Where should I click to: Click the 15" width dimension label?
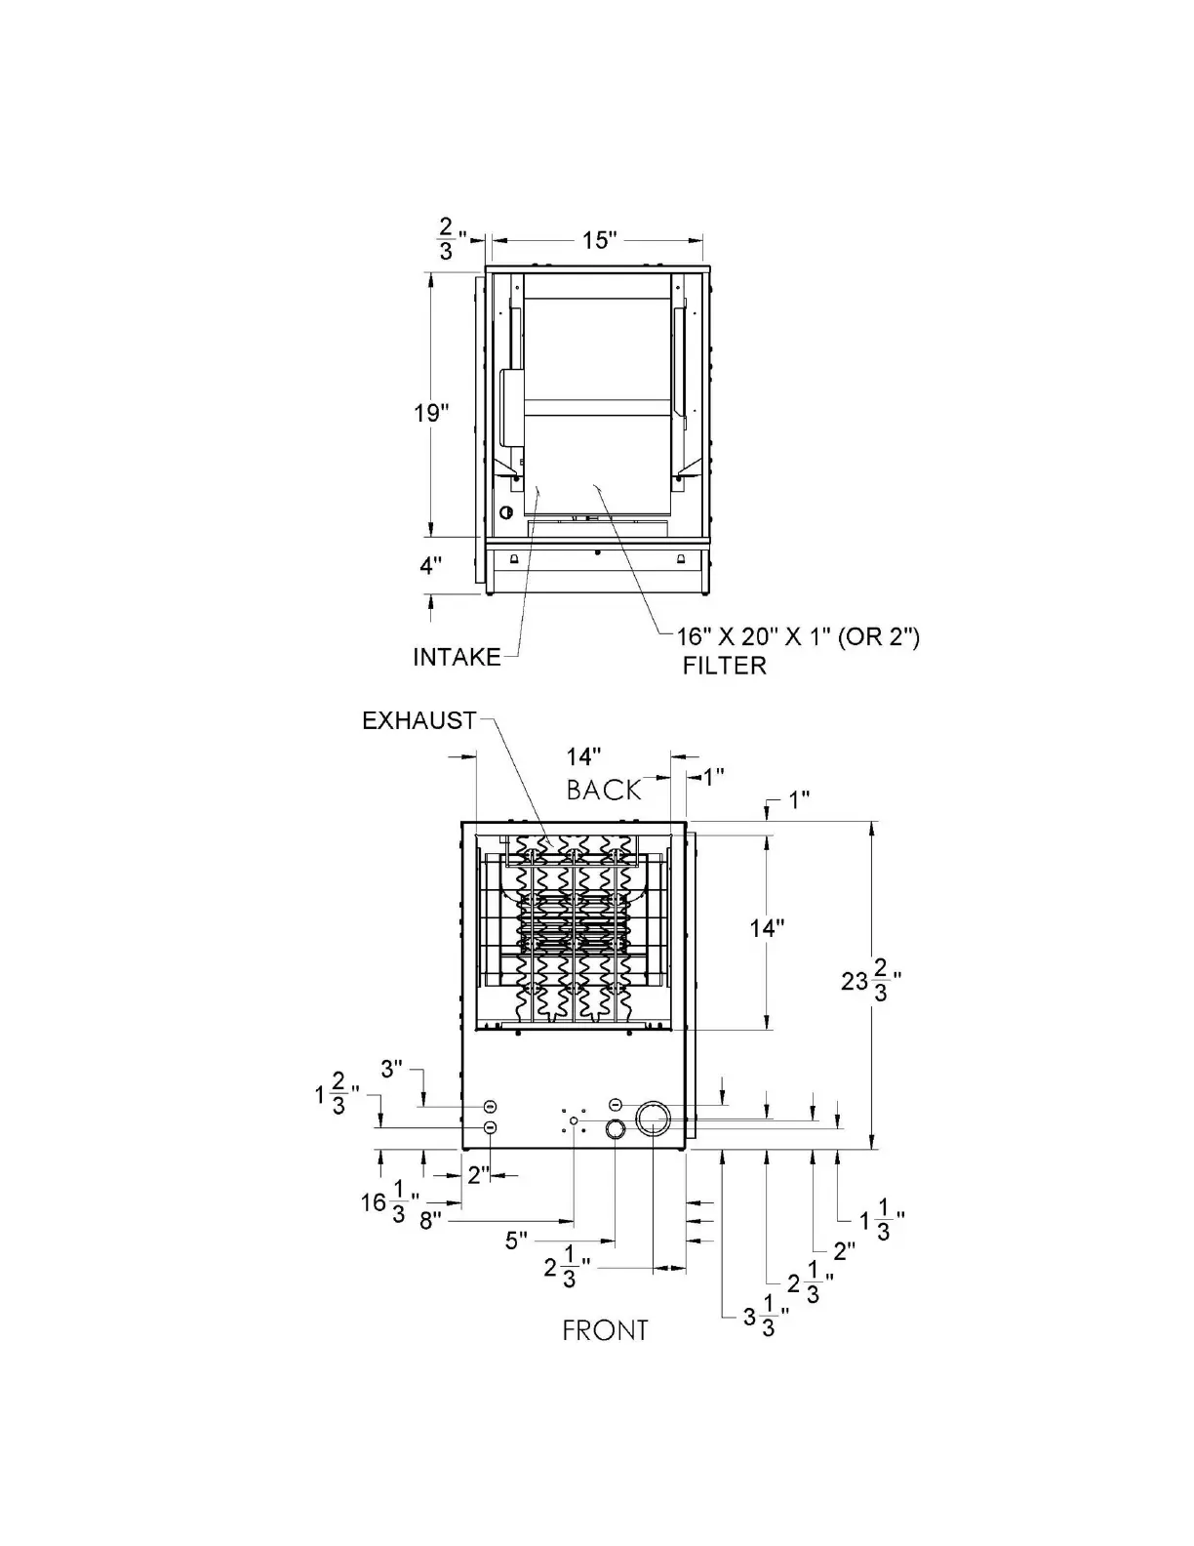click(601, 240)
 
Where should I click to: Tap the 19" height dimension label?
click(430, 412)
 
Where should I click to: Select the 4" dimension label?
click(430, 565)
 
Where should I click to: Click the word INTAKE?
click(457, 657)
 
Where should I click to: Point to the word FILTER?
click(724, 666)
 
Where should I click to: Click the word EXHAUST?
click(419, 720)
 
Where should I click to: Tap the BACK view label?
click(604, 790)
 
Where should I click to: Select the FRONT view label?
click(605, 1330)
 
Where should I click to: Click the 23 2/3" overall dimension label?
click(869, 980)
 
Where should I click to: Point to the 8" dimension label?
click(431, 1220)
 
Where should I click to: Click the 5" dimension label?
click(516, 1241)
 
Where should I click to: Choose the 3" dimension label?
click(391, 1069)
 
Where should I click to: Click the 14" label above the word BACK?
click(583, 756)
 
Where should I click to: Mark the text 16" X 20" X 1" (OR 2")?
click(799, 637)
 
